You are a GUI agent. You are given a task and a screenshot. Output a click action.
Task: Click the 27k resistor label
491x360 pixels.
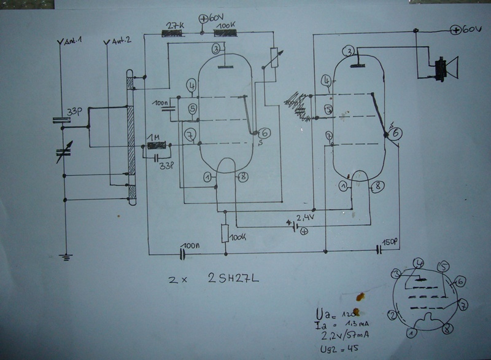176,25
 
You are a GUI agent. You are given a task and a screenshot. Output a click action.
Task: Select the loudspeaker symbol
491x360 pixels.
446,68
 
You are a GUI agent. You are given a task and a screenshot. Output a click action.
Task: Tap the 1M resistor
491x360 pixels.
157,146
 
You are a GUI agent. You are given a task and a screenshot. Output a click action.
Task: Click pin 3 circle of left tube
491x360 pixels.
217,49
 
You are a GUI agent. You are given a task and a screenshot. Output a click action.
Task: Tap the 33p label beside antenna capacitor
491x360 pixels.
75,112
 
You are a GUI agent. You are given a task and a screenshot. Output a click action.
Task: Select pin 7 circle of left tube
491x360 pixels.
191,133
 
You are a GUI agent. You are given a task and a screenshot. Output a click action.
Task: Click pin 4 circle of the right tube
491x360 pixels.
326,80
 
